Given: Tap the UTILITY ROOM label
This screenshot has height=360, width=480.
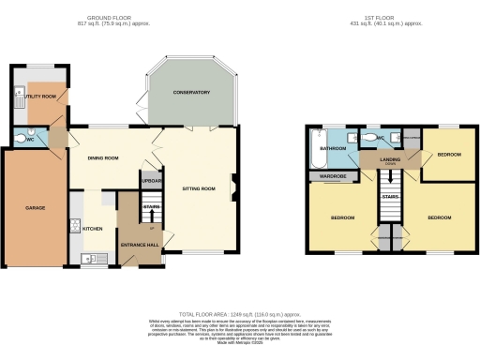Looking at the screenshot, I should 40,97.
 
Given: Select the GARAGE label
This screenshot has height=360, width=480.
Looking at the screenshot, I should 35,207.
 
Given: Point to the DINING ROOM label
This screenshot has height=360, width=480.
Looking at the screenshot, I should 103,158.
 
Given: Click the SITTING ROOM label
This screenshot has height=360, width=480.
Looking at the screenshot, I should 198,188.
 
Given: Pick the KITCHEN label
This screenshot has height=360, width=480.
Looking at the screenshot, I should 93,229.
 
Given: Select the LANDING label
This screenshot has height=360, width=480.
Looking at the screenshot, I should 390,160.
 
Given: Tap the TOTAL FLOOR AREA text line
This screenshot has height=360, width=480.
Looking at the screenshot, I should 240,315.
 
